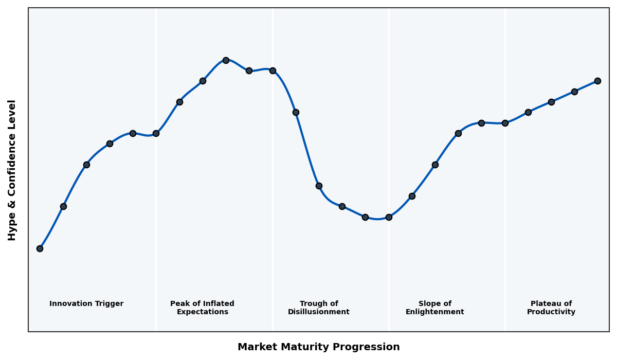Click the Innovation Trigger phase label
pos(86,304)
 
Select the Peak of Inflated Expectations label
pos(202,308)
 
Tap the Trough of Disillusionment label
pos(319,308)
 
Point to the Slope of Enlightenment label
pos(435,308)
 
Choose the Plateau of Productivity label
pos(551,308)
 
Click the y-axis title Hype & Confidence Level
pos(12,170)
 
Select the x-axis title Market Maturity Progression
pos(319,347)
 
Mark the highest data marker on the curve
pos(226,60)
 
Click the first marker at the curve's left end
pos(40,248)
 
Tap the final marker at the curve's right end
pos(597,81)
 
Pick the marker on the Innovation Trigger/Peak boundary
pos(156,133)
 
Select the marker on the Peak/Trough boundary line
pos(273,70)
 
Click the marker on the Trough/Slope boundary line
pos(389,217)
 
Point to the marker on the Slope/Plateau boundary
pos(505,123)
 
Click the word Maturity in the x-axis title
pos(310,347)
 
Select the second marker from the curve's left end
pos(63,206)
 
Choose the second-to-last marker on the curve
pos(574,92)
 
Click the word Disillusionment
pos(319,312)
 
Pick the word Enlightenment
pos(435,312)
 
